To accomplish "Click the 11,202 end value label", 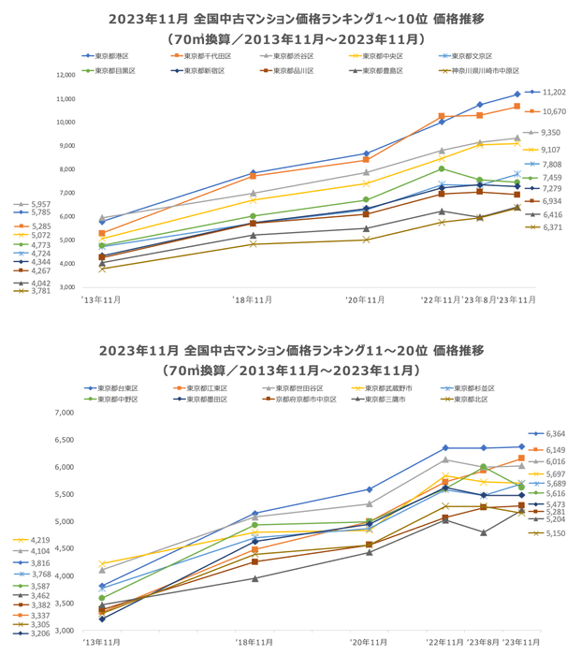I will [x=554, y=92].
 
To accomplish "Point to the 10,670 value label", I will [x=554, y=111].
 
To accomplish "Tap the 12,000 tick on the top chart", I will [x=65, y=75].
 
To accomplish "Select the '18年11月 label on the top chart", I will [x=253, y=299].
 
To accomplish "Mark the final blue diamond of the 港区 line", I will [x=517, y=94].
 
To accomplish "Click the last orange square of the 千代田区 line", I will [x=517, y=107].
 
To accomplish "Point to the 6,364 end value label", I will [x=554, y=433].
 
